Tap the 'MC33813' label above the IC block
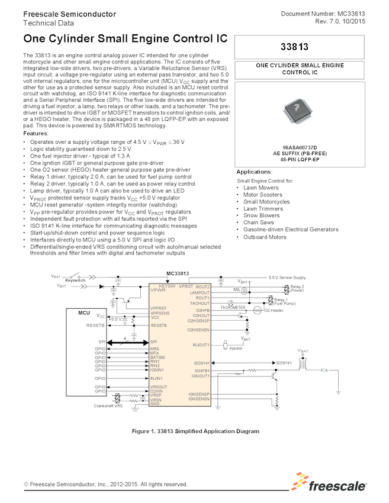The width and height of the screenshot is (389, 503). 178,273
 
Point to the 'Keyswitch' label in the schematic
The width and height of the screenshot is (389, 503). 75,280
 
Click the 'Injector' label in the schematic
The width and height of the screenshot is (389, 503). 236,349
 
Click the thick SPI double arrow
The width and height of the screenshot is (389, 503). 127,342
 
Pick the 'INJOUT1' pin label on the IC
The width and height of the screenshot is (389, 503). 201,344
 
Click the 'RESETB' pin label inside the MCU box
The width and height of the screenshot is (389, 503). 96,325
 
